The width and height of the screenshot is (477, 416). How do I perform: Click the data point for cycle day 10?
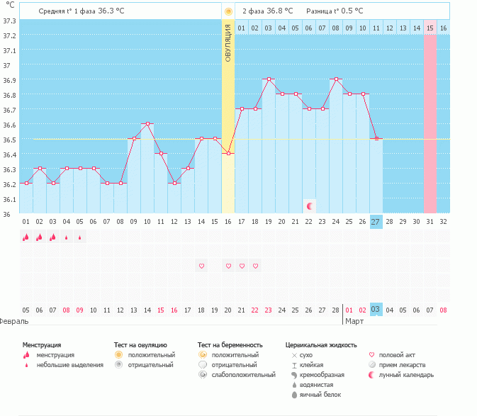[147, 123]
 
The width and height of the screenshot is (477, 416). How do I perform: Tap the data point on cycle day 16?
[228, 153]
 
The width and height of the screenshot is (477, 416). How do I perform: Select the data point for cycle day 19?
[269, 79]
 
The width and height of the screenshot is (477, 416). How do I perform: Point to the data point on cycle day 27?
[376, 138]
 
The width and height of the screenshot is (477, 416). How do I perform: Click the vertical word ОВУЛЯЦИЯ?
[228, 43]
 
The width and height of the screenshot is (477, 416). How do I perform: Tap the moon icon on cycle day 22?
[310, 206]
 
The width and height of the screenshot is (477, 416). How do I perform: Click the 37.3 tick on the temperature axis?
[9, 21]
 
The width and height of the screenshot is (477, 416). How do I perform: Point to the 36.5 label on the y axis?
[9, 140]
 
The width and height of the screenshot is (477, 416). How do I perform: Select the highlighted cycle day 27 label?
[376, 222]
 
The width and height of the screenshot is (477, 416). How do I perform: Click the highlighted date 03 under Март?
[376, 310]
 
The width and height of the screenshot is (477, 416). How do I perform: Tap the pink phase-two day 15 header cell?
[430, 28]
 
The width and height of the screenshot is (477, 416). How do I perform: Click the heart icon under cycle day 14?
[201, 266]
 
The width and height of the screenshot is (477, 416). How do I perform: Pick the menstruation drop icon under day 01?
[26, 237]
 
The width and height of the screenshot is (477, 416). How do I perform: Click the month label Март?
[354, 321]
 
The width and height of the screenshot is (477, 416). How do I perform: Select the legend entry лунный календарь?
[406, 375]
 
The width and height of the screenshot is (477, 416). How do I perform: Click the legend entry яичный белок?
[322, 395]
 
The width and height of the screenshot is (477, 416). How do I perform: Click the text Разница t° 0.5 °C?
[335, 11]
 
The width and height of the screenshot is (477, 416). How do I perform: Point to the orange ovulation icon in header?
[228, 12]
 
